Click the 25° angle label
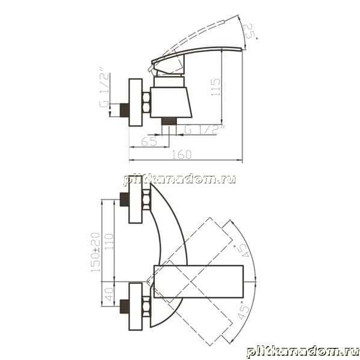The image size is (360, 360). pos(250,31)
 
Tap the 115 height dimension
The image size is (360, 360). pos(216,87)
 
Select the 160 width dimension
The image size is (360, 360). pos(182,155)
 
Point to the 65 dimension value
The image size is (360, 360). pos(149,141)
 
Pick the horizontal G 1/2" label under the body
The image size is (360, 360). pos(204,129)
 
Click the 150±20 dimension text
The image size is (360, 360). pos(96,252)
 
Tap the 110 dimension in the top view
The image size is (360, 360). pos(109,242)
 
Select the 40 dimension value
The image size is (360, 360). pos(109,294)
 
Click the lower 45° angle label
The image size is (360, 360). pos(243,311)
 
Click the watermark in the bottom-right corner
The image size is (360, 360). pos(303,352)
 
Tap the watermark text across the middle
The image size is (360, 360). pos(180,179)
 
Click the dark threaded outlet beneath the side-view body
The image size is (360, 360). pos(169,121)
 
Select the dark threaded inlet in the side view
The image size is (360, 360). pos(125,110)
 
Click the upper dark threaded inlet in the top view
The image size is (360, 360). pos(125,199)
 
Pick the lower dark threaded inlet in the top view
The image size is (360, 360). pos(125,306)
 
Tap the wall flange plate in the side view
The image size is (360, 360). pos(135,102)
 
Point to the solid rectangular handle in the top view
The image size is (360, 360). pos(199,282)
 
